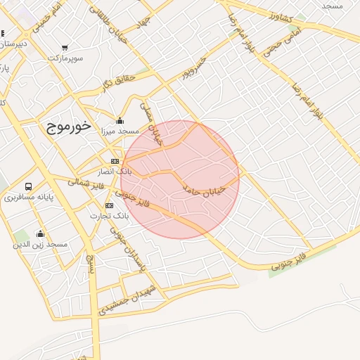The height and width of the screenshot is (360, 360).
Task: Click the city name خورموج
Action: tap(69, 127)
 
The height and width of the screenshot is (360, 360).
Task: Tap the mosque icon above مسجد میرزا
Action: tap(120, 120)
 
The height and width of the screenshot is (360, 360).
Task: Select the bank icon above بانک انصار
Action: tap(115, 161)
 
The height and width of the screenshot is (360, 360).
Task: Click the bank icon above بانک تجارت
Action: tap(109, 205)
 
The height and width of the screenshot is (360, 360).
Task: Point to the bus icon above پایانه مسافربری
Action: tap(29, 186)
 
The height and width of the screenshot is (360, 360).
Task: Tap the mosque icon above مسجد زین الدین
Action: tap(40, 234)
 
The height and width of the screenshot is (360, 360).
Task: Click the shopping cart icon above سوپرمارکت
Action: tap(65, 48)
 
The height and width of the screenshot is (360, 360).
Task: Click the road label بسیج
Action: tap(89, 264)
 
